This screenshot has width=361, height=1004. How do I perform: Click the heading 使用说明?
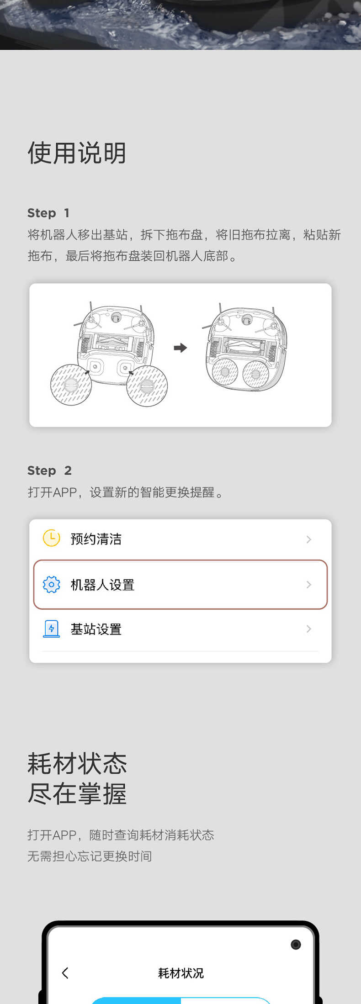coord(77,153)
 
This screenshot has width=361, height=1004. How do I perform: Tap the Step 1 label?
coord(48,213)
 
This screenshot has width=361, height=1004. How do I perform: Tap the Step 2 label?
coord(49,470)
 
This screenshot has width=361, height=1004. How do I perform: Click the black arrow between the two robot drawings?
coord(180,348)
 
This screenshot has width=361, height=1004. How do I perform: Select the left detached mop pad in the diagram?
coord(71,385)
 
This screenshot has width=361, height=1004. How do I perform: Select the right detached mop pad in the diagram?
coord(147,386)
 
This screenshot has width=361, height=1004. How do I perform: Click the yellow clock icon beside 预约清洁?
coord(51,538)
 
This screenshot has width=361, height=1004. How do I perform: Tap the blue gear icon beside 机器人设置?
coord(51,584)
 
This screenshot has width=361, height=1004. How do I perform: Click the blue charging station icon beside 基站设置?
coord(51,629)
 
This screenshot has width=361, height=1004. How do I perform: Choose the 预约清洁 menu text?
coord(96,539)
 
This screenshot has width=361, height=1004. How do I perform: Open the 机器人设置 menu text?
coord(102,585)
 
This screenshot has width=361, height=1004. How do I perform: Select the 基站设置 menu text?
coord(96,629)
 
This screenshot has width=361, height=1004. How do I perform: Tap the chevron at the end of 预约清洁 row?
coord(309,539)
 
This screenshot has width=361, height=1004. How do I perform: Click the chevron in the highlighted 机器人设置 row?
coord(309,585)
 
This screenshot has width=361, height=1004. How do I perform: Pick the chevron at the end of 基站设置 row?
coord(309,629)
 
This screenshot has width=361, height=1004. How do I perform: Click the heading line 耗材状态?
coord(77,764)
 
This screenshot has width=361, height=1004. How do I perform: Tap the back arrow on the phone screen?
coord(65,973)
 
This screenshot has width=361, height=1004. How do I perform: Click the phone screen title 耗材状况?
coord(180,973)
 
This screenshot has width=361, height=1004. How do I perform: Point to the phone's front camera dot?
coord(296,944)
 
